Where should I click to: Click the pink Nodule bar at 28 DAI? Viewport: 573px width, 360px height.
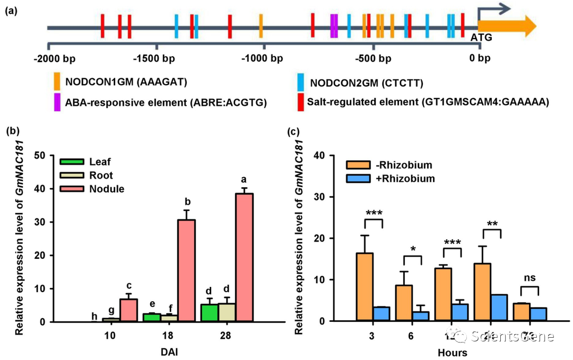pyautogui.click(x=244, y=257)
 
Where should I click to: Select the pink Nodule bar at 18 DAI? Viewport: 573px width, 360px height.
pyautogui.click(x=186, y=270)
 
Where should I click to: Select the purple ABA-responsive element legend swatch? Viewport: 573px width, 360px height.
pyautogui.click(x=57, y=101)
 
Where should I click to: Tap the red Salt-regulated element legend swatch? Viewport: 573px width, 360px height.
pyautogui.click(x=301, y=101)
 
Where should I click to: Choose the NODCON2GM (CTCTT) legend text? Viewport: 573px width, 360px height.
pyautogui.click(x=367, y=83)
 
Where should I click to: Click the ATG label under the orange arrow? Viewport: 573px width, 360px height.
pyautogui.click(x=482, y=37)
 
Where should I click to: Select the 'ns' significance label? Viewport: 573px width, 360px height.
pyautogui.click(x=529, y=279)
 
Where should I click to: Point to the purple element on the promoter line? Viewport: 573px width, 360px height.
pyautogui.click(x=334, y=25)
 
